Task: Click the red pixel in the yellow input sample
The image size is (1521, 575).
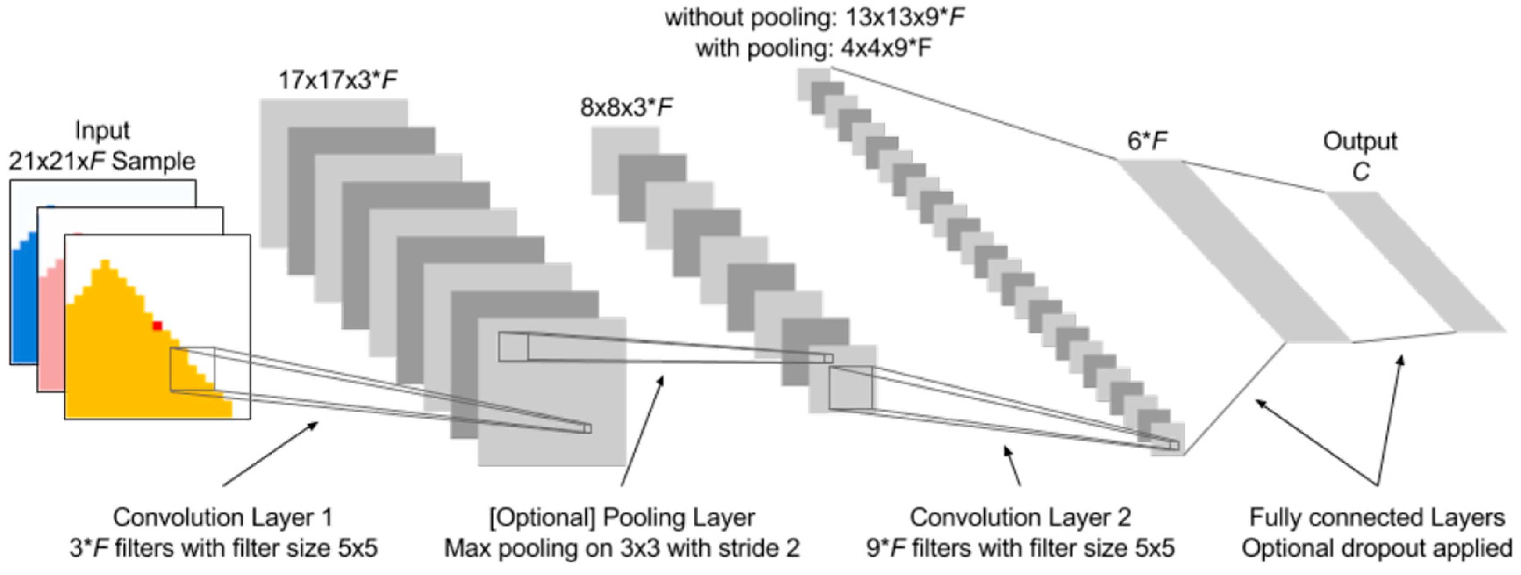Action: pyautogui.click(x=157, y=325)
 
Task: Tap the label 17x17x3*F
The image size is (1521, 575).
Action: pyautogui.click(x=338, y=80)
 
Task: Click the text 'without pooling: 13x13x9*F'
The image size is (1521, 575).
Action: pyautogui.click(x=815, y=18)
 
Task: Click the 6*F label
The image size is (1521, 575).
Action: pyautogui.click(x=1147, y=141)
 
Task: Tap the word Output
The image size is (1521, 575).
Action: pyautogui.click(x=1360, y=141)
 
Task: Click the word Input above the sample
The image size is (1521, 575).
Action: pyautogui.click(x=102, y=130)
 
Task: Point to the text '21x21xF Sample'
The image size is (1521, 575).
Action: pyautogui.click(x=102, y=161)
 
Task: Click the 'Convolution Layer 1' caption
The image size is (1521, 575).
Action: pyautogui.click(x=223, y=518)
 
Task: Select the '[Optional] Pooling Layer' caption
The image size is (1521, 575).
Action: pyautogui.click(x=622, y=518)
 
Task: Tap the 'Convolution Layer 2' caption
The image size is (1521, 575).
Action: pyautogui.click(x=1020, y=518)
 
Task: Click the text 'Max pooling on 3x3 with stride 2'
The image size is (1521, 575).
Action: pyautogui.click(x=622, y=548)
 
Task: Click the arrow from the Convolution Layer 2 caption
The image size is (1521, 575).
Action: pyautogui.click(x=1013, y=466)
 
